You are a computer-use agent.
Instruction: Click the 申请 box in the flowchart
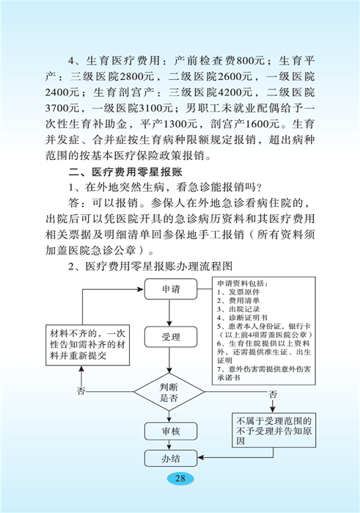(171, 289)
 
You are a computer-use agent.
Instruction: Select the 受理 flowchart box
(171, 337)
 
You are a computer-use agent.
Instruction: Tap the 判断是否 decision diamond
(169, 392)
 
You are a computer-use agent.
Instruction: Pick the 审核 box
(171, 432)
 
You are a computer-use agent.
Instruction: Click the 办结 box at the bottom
(171, 458)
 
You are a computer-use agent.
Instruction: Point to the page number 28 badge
(180, 479)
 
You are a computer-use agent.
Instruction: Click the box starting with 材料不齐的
(88, 345)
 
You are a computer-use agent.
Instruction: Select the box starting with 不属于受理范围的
(274, 430)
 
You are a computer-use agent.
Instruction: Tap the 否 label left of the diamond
(81, 391)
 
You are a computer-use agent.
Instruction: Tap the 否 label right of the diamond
(272, 394)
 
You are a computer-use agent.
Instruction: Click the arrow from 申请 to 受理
(169, 313)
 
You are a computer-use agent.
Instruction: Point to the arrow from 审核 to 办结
(169, 445)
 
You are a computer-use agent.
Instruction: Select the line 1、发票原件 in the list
(238, 292)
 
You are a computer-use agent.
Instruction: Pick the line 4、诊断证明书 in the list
(242, 317)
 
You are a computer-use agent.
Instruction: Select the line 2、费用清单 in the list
(238, 300)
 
